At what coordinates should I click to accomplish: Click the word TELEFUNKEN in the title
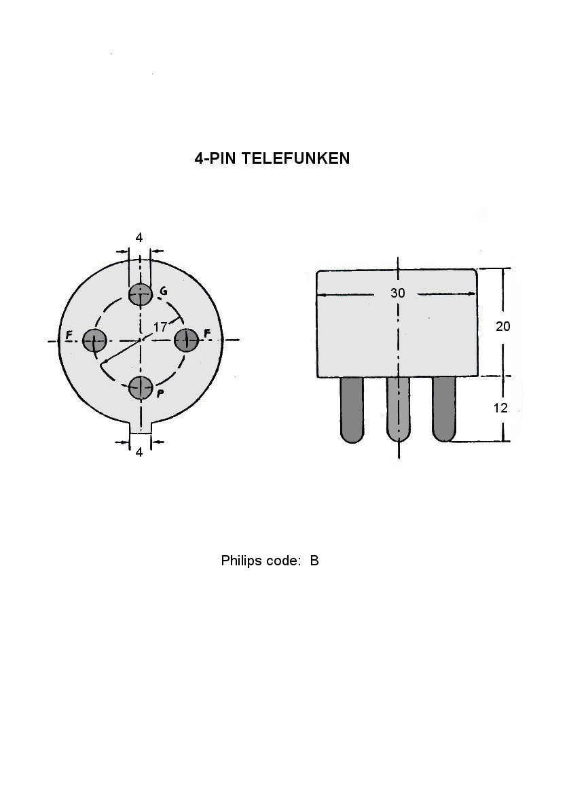(x=295, y=158)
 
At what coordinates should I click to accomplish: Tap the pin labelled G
(x=141, y=294)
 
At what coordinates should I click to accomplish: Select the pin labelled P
(x=141, y=389)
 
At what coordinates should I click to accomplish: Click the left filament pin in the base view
(x=95, y=340)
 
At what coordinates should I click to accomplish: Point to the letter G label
(x=164, y=291)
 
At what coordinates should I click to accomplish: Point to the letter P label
(x=160, y=393)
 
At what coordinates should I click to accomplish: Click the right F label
(x=206, y=333)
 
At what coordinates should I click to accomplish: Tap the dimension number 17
(x=160, y=327)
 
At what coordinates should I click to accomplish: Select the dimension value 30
(x=398, y=293)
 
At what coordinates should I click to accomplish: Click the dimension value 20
(x=502, y=327)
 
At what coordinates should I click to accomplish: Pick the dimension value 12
(x=500, y=408)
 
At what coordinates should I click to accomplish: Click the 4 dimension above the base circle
(x=139, y=237)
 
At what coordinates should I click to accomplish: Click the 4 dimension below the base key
(x=139, y=452)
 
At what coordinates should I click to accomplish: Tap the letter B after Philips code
(x=314, y=561)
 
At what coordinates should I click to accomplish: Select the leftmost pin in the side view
(x=352, y=410)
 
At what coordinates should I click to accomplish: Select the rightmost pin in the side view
(x=444, y=409)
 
